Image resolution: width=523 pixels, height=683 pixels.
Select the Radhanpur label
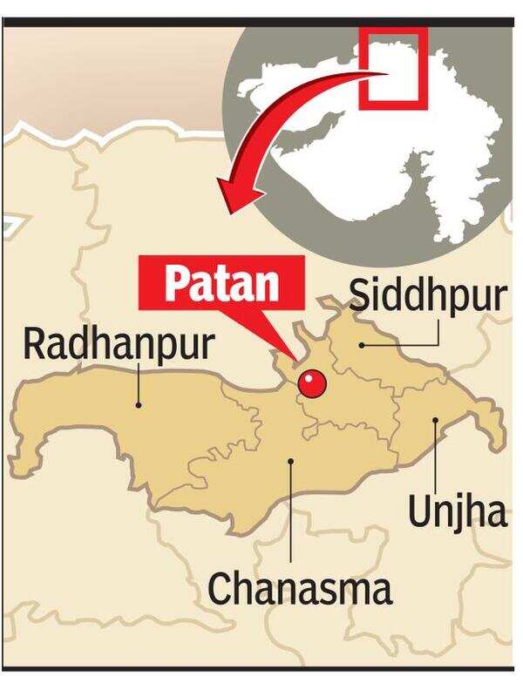pos(118,344)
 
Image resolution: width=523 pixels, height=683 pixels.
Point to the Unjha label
pos(457,512)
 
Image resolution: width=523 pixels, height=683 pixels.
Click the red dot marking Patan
pos(311,382)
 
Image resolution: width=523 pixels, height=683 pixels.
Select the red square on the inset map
pos(393,69)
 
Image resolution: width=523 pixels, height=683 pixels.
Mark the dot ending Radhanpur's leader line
pos(138,404)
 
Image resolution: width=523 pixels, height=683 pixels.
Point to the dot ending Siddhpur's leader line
pos(362,344)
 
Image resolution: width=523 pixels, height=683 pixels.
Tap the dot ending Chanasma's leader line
pos(292,463)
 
